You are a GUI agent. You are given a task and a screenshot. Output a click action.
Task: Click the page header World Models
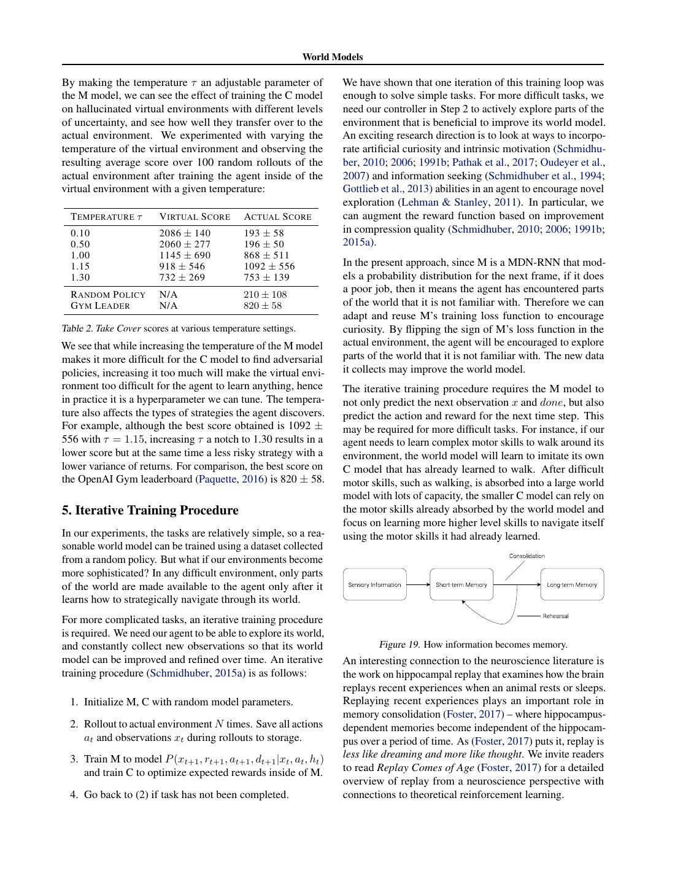tap(332, 57)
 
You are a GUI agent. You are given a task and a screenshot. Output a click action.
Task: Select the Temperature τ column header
tap(106, 217)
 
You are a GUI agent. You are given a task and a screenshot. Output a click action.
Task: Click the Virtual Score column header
tap(195, 217)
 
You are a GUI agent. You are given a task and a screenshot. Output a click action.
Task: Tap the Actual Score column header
tap(277, 217)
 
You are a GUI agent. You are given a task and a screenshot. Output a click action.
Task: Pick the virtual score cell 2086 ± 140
tap(184, 233)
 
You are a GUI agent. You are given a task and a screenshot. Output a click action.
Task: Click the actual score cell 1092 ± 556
tap(269, 266)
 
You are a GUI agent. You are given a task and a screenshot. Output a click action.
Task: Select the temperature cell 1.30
tap(80, 277)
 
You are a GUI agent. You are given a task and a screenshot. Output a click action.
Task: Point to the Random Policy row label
tap(108, 295)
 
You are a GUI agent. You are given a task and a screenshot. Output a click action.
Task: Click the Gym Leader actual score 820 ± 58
tap(262, 306)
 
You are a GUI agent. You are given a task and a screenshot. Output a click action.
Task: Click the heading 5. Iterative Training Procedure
tap(150, 510)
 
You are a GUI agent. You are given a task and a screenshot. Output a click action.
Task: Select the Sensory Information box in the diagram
tap(374, 584)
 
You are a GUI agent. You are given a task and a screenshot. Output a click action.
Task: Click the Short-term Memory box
tap(461, 584)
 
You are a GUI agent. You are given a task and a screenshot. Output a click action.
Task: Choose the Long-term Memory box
tap(572, 584)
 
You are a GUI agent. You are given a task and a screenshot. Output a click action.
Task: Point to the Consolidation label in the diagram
tap(527, 556)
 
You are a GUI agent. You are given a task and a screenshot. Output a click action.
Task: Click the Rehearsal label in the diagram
tap(555, 616)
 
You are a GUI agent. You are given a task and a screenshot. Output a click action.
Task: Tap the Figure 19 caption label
tap(399, 645)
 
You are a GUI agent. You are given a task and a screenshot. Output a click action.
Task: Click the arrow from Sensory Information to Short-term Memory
tap(418, 584)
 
